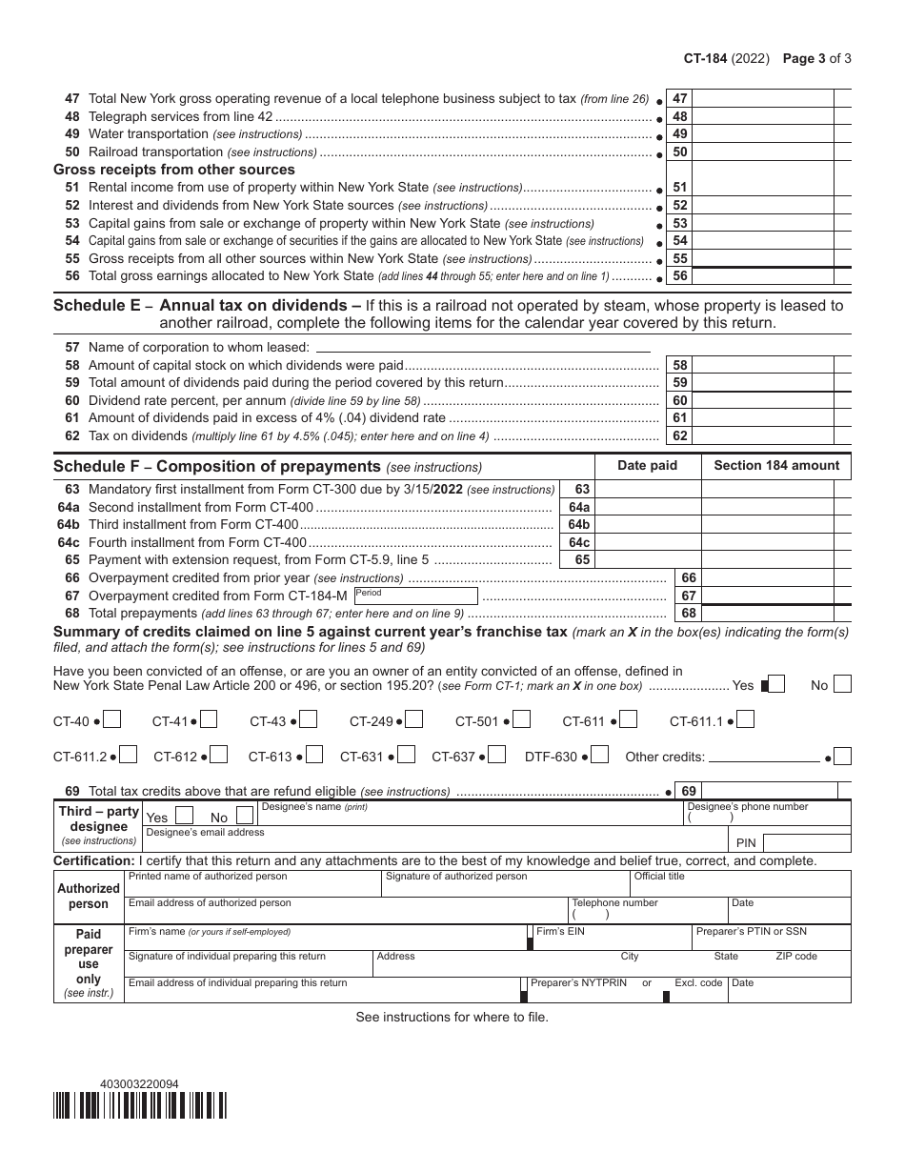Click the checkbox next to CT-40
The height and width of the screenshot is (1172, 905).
[111, 720]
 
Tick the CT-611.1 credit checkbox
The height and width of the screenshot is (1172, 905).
[747, 720]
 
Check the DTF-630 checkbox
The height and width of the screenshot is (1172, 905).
[600, 756]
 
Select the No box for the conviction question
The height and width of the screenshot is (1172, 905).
[842, 684]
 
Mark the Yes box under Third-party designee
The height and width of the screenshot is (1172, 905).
[186, 816]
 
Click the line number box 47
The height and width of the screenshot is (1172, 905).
[680, 98]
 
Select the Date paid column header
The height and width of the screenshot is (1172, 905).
[647, 466]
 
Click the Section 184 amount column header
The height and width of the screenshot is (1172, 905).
[776, 466]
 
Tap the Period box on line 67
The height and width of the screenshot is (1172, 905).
[414, 596]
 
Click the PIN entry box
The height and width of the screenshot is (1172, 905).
[807, 843]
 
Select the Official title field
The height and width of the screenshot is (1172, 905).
[740, 883]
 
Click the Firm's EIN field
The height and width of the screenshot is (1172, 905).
[610, 938]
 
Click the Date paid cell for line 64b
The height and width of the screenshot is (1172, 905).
[647, 525]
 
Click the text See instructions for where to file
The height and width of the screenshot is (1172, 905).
[452, 1017]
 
